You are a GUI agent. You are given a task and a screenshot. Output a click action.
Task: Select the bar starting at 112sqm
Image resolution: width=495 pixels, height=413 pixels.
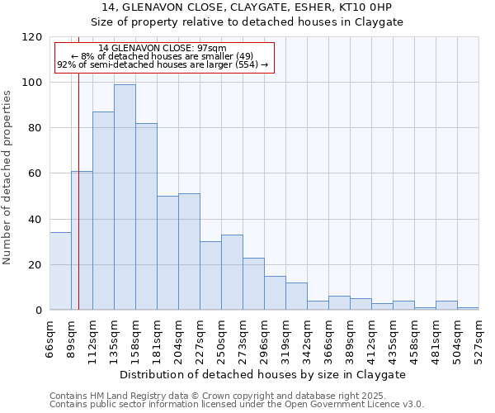[103, 211]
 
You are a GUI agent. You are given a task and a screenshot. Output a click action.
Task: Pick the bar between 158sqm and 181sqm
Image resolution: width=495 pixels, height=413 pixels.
[146, 216]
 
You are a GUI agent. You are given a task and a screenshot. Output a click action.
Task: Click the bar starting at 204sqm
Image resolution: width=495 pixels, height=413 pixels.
[189, 252]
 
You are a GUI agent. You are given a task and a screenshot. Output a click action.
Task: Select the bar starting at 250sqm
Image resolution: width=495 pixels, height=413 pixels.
[232, 273]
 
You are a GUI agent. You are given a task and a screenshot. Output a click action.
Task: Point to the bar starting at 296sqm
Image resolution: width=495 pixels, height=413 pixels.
[275, 293]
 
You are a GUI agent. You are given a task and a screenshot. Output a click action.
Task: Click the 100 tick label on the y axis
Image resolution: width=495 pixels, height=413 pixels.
[33, 83]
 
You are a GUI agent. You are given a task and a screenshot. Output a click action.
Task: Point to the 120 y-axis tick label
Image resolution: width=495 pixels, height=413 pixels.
[33, 37]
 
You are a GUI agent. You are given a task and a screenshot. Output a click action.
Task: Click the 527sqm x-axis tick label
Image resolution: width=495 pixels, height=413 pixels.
[478, 339]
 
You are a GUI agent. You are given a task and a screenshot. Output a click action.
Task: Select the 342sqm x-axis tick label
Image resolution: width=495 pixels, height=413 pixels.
[307, 339]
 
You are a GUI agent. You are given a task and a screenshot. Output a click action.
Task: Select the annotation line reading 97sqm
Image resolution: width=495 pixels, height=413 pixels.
[162, 49]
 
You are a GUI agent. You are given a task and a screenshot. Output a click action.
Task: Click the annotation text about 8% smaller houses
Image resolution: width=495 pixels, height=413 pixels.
[162, 56]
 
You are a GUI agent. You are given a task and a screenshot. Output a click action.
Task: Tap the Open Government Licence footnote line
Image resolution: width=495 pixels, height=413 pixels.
[237, 405]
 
